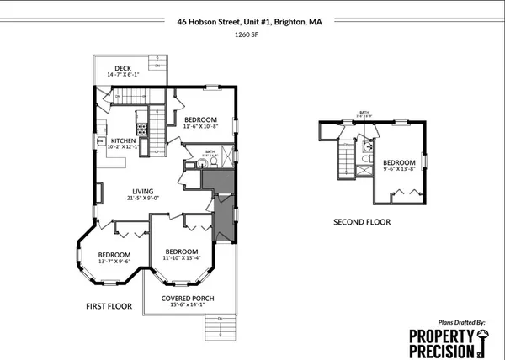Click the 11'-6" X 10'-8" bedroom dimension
coord(201,126)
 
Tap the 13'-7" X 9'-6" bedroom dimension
coord(114,262)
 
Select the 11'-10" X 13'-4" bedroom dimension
coord(182,259)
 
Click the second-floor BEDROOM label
coord(399,162)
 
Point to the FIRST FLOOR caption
coord(109,307)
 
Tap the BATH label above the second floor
coord(364,112)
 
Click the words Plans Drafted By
coord(462,322)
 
